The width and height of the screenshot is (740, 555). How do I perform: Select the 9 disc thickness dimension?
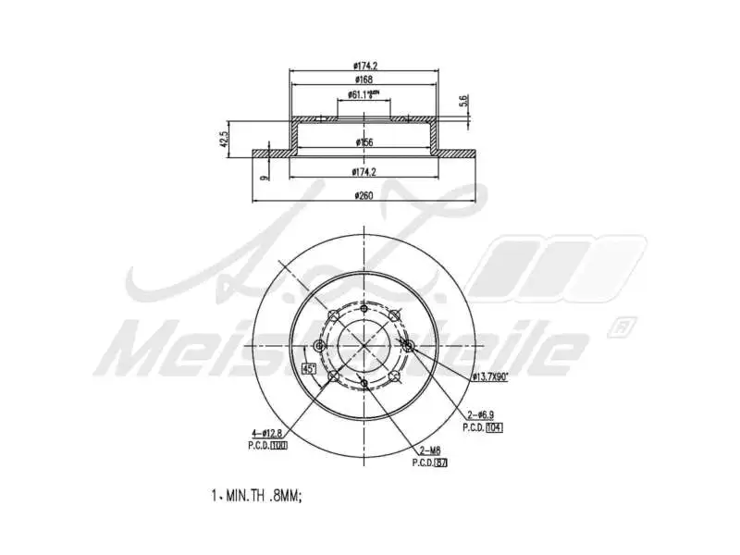point(265,176)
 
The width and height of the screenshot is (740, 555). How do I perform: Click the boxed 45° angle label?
point(309,369)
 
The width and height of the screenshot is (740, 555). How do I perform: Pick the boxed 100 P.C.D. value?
point(278,445)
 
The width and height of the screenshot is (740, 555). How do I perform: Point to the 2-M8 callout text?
point(429,450)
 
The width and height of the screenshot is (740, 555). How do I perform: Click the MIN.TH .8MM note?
point(256,496)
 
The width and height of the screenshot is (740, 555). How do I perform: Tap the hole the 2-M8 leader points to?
point(364,383)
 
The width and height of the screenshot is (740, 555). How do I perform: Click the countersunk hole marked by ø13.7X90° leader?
point(409,346)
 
